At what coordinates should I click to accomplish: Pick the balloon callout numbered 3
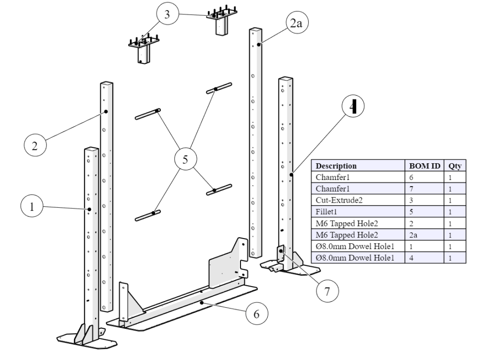(x=167, y=15)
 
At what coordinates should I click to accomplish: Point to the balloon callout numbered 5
(x=184, y=159)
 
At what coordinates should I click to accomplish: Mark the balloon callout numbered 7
(x=326, y=291)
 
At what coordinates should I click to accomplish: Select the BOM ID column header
(x=425, y=166)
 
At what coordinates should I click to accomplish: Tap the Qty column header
(x=454, y=166)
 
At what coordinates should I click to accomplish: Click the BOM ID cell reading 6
(x=425, y=177)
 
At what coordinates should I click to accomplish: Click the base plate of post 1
(x=86, y=339)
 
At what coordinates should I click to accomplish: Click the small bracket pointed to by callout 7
(x=281, y=253)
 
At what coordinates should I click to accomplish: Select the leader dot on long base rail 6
(x=203, y=303)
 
